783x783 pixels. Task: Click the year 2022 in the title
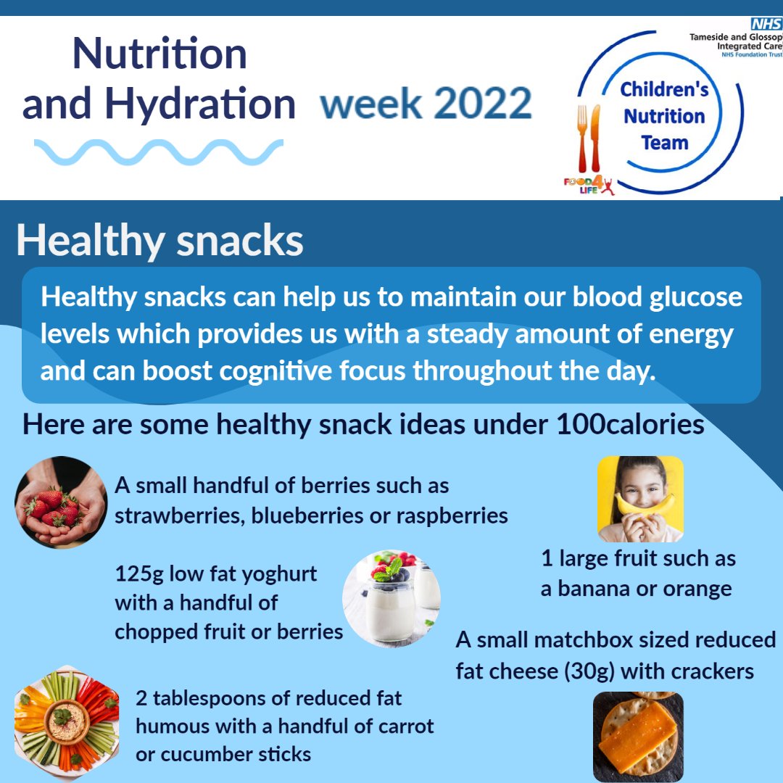pos(483,104)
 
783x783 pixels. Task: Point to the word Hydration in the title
pos(200,104)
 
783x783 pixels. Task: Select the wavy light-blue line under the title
pos(158,152)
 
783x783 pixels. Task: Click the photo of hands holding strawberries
pos(61,502)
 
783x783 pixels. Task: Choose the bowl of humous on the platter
pos(66,718)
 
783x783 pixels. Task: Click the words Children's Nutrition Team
pos(663,116)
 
